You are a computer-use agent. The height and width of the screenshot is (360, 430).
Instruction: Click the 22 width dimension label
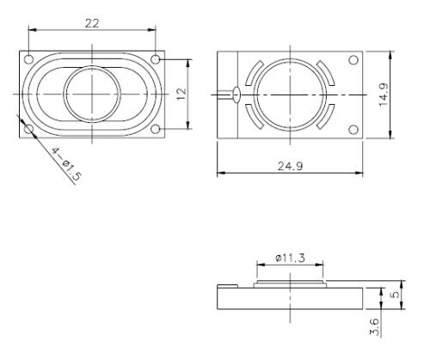(x=90, y=23)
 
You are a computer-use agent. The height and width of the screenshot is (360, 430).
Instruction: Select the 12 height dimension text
(x=181, y=93)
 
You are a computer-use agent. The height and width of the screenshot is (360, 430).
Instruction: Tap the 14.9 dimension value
(x=404, y=94)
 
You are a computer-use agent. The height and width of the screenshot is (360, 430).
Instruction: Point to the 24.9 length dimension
(x=290, y=163)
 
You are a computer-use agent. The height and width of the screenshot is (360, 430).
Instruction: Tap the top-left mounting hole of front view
(x=28, y=60)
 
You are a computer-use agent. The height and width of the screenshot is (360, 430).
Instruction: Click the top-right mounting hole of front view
(x=155, y=59)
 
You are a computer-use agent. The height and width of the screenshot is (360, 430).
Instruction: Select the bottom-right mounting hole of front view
(x=155, y=129)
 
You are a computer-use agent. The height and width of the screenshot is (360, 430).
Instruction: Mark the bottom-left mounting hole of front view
(x=28, y=129)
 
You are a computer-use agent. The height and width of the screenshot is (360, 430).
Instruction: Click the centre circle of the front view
(x=92, y=94)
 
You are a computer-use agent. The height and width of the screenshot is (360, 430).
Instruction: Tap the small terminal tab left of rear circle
(x=235, y=94)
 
